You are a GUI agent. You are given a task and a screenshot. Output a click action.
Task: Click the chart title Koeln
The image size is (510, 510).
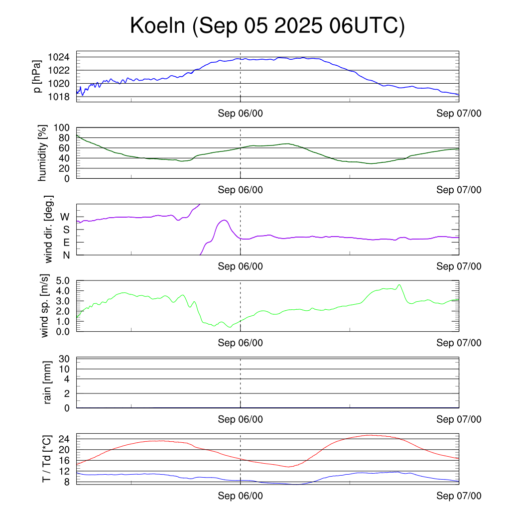[x=267, y=26]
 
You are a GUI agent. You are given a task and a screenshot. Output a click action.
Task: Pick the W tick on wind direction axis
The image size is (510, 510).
[x=65, y=217]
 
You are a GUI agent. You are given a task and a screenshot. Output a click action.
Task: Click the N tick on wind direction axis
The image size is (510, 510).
[x=65, y=255]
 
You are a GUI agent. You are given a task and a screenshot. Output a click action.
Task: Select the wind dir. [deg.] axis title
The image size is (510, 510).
[x=48, y=230]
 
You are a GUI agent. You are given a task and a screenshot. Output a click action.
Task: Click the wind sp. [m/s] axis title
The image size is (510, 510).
[x=45, y=306]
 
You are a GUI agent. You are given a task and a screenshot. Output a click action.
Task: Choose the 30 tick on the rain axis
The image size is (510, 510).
[x=65, y=359]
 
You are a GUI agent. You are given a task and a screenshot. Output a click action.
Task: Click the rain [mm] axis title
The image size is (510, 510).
[x=48, y=382]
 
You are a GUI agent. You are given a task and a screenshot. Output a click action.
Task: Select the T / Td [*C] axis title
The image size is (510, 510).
[x=46, y=458]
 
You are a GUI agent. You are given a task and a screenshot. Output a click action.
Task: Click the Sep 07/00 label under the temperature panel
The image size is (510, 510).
[x=459, y=496]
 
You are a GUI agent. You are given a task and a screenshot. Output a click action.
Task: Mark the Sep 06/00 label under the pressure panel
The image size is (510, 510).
[x=240, y=114]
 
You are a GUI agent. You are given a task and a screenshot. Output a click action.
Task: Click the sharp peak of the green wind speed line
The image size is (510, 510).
[x=399, y=285]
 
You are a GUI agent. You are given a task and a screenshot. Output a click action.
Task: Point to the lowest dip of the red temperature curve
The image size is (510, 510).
[x=288, y=467]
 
